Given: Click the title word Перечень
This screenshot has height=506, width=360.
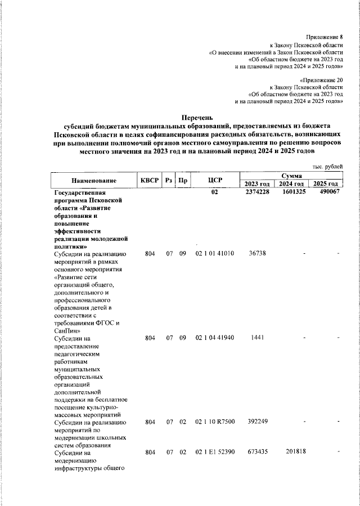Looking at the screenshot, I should point(197,118).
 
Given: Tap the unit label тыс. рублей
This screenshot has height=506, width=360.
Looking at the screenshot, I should point(327,166).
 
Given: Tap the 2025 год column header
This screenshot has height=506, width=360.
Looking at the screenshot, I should point(326,184).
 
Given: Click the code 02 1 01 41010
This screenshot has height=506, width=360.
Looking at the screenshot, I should point(214,253).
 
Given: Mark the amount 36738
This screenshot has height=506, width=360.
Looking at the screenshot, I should point(257,253).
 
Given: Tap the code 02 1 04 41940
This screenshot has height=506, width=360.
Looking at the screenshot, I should point(214,338).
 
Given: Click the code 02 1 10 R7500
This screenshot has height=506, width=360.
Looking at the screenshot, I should point(214,422).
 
